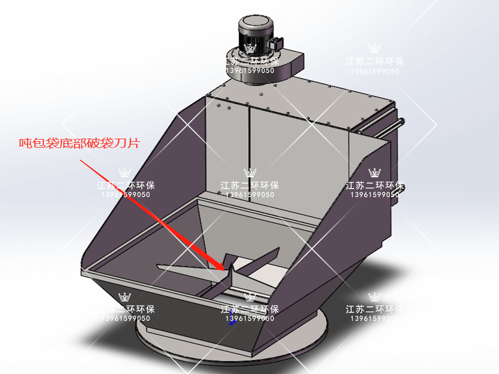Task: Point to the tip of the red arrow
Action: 225,269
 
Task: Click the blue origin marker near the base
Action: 232,322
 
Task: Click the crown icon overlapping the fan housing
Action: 250,49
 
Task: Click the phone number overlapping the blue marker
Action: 250,318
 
